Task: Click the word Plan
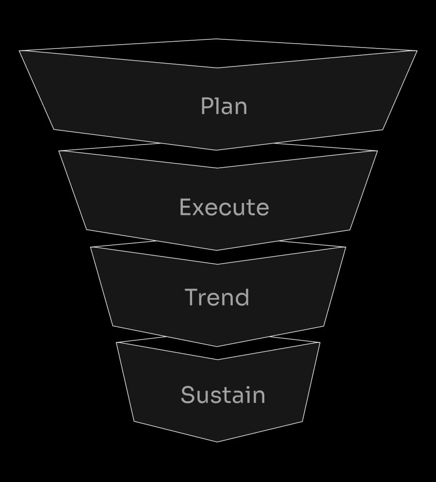pyautogui.click(x=224, y=106)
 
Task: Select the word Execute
pyautogui.click(x=224, y=207)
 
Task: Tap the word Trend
pyautogui.click(x=217, y=297)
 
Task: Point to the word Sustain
pyautogui.click(x=223, y=395)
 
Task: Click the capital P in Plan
pyautogui.click(x=207, y=106)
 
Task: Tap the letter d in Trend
pyautogui.click(x=242, y=297)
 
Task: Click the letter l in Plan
pyautogui.click(x=217, y=105)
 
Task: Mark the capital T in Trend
pyautogui.click(x=192, y=297)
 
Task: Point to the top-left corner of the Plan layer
pyautogui.click(x=20, y=50)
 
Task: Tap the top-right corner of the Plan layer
pyautogui.click(x=417, y=50)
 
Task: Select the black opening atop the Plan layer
pyautogui.click(x=217, y=53)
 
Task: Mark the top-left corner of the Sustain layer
pyautogui.click(x=117, y=343)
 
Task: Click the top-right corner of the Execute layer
pyautogui.click(x=377, y=151)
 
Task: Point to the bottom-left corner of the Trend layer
pyautogui.click(x=113, y=326)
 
